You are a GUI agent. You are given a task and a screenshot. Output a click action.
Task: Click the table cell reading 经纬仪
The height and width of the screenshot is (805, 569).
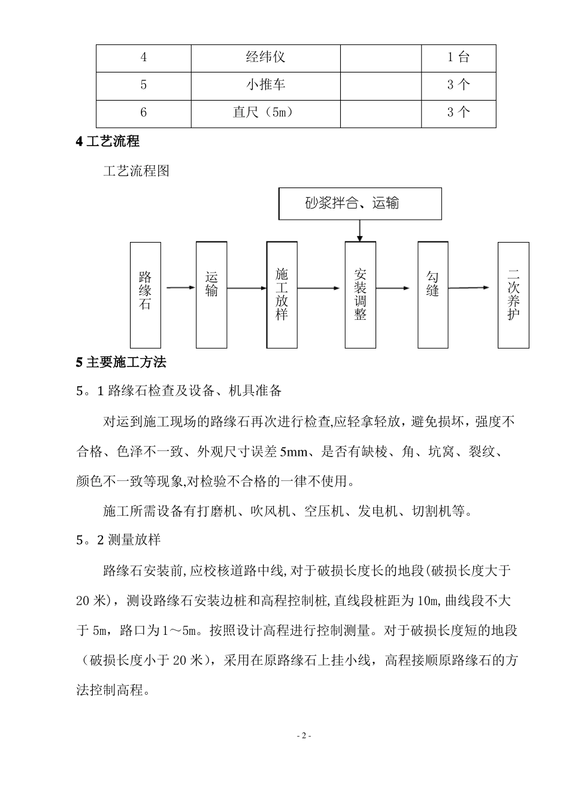pos(265,57)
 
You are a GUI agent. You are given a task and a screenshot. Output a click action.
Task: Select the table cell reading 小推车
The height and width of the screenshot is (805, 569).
pos(265,84)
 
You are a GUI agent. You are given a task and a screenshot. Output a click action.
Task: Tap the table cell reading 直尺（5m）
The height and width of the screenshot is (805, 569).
pos(265,112)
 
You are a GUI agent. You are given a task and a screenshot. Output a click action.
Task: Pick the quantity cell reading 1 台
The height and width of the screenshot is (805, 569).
pos(458,57)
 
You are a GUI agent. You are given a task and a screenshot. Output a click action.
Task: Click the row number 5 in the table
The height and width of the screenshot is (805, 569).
pos(144,84)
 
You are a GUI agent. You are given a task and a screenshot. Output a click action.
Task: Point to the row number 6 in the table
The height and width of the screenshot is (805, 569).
pos(144,112)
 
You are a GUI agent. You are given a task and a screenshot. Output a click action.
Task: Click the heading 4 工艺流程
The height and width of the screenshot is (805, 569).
pos(108,142)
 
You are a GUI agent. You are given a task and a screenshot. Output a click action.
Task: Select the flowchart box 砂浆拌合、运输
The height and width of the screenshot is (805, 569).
pos(360,204)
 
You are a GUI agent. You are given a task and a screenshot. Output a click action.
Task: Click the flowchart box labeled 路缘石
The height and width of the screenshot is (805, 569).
pos(146,295)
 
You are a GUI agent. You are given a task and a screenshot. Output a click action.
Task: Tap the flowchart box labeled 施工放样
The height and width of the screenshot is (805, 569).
pos(282,295)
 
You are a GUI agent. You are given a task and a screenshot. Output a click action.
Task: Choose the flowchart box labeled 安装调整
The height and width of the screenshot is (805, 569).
pos(360,295)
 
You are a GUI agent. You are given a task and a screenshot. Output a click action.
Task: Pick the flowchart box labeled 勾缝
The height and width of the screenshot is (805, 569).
pos(433,295)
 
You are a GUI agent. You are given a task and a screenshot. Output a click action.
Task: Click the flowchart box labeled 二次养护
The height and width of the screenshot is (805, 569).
pos(513,295)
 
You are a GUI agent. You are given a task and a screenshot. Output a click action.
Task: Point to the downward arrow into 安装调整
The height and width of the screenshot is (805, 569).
pos(360,231)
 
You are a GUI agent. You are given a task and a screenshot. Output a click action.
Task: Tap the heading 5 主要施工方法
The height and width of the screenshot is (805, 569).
pos(121,362)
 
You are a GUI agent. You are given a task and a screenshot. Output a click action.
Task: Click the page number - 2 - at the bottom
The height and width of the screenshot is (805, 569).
pos(304,736)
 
